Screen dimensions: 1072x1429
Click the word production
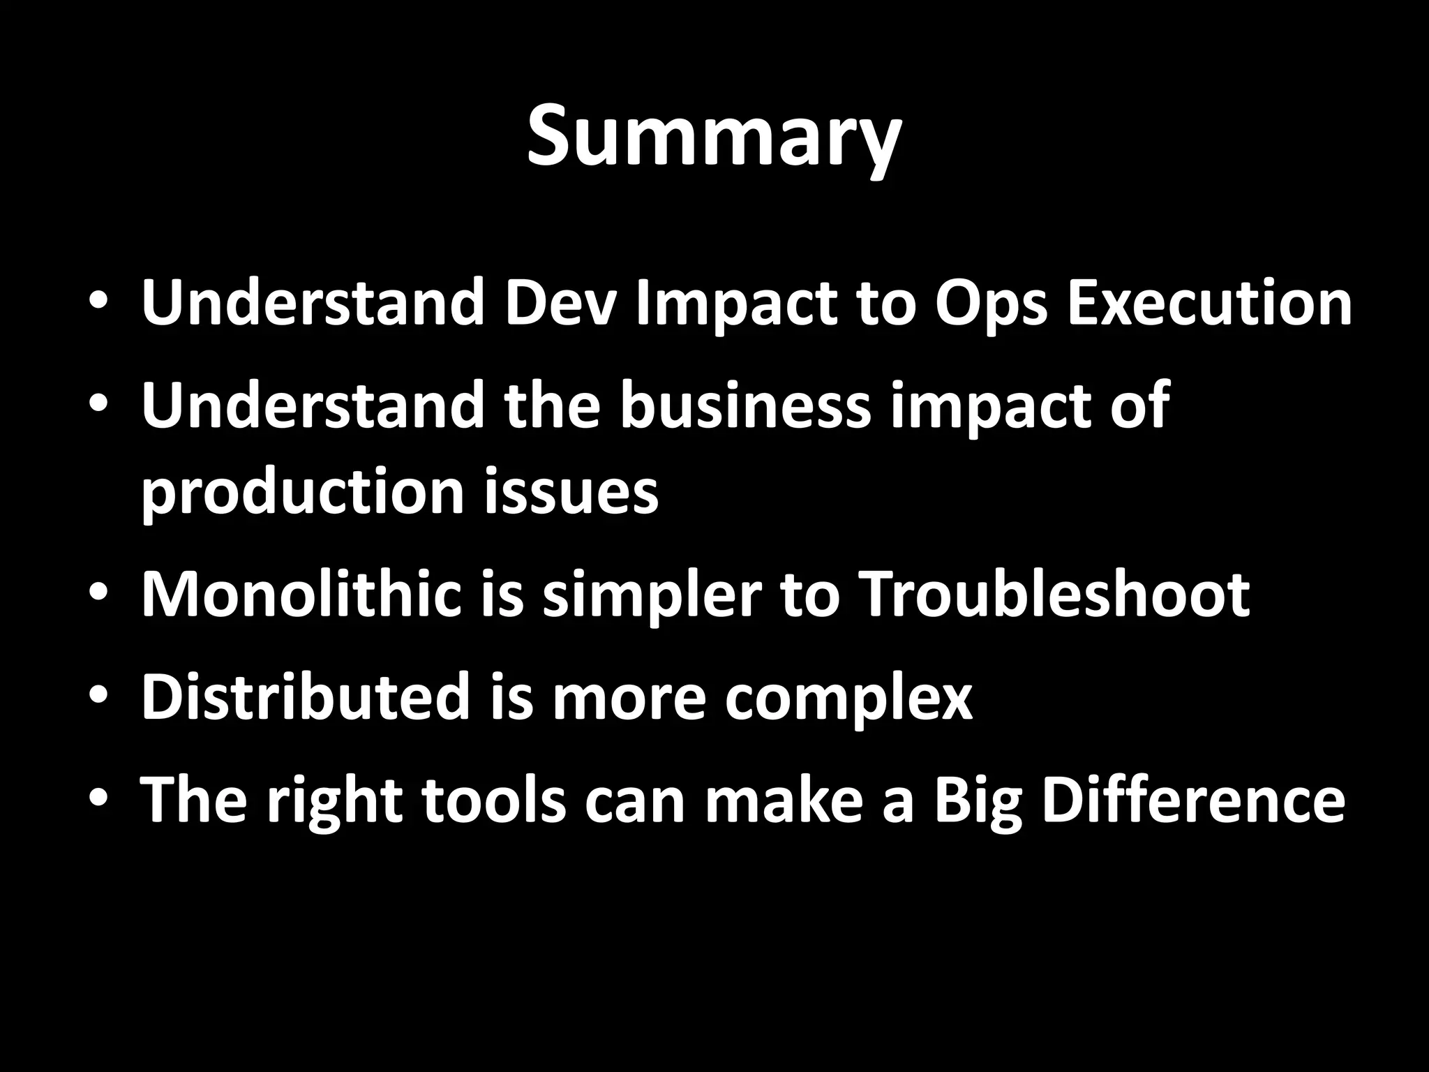(x=302, y=492)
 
